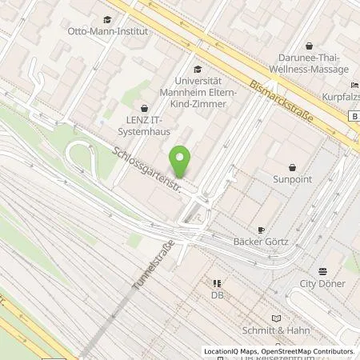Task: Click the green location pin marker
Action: [x=182, y=162]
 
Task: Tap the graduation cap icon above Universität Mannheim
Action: [x=198, y=70]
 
